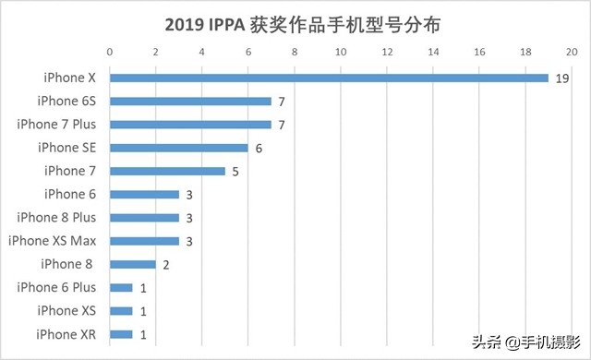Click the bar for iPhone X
pyautogui.click(x=329, y=78)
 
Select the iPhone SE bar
pyautogui.click(x=179, y=148)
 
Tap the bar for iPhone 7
pyautogui.click(x=167, y=171)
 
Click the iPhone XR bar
pyautogui.click(x=121, y=334)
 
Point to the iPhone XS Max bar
pyautogui.click(x=144, y=241)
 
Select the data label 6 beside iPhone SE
pyautogui.click(x=259, y=148)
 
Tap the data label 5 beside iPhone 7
pyautogui.click(x=236, y=171)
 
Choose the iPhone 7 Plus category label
pyautogui.click(x=64, y=124)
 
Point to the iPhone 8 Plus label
pyautogui.click(x=64, y=218)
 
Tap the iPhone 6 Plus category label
pyautogui.click(x=64, y=287)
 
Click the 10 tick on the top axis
pyautogui.click(x=341, y=51)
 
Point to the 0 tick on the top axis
pyautogui.click(x=110, y=51)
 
